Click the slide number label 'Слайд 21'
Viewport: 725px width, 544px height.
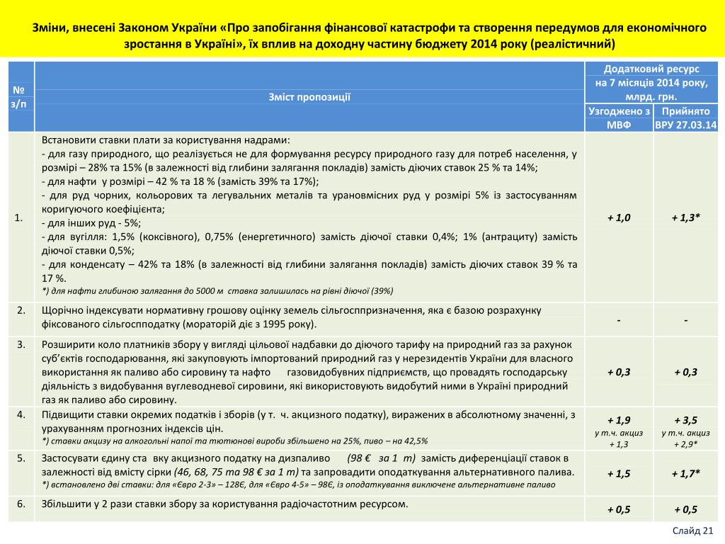(x=693, y=531)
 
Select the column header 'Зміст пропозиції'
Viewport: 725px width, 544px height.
(x=310, y=97)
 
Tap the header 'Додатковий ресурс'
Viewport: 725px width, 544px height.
(x=651, y=69)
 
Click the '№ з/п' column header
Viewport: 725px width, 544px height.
(x=20, y=97)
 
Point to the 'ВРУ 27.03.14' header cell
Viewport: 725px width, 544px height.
(x=686, y=125)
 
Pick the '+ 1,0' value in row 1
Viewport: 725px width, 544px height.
(x=619, y=217)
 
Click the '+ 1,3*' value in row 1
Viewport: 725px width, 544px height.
(x=686, y=217)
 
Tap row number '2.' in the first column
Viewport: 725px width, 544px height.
(x=21, y=310)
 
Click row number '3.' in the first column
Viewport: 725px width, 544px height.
(x=21, y=344)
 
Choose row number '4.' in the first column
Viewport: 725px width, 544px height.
(x=21, y=414)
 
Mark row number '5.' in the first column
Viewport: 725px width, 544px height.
(x=21, y=458)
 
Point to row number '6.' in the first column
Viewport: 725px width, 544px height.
(x=21, y=504)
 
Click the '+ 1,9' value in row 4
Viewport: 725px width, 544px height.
(x=619, y=419)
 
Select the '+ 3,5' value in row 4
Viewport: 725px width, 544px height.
(x=686, y=419)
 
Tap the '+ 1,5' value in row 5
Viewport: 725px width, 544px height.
(x=619, y=473)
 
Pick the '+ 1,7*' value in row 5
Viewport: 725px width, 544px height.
(x=686, y=473)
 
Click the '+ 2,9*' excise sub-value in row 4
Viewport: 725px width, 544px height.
(x=686, y=444)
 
